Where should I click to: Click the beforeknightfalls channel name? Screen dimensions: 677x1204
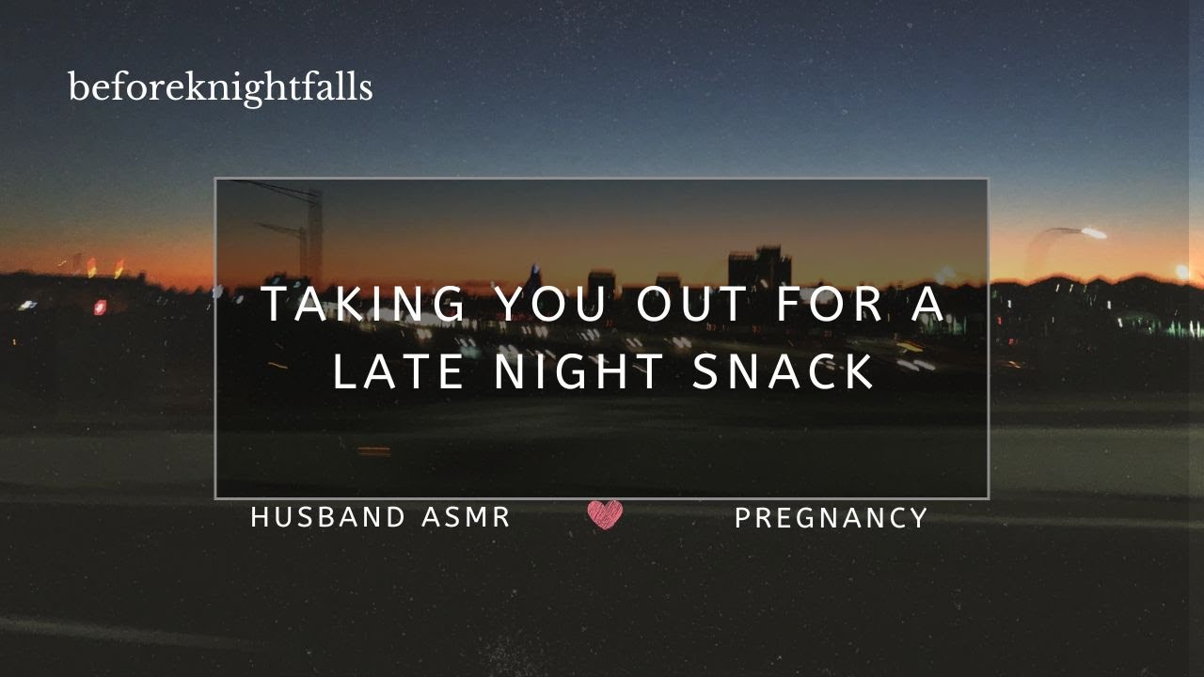point(220,87)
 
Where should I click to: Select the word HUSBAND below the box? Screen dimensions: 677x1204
point(328,516)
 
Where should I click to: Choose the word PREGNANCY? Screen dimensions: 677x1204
point(832,517)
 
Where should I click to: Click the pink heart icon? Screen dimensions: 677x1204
point(605,514)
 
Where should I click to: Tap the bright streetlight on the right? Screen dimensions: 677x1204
point(1092,232)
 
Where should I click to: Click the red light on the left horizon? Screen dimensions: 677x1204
point(100,307)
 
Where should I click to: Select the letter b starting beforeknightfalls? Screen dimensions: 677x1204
point(76,87)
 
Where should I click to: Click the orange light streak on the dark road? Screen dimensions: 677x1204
point(373,450)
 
